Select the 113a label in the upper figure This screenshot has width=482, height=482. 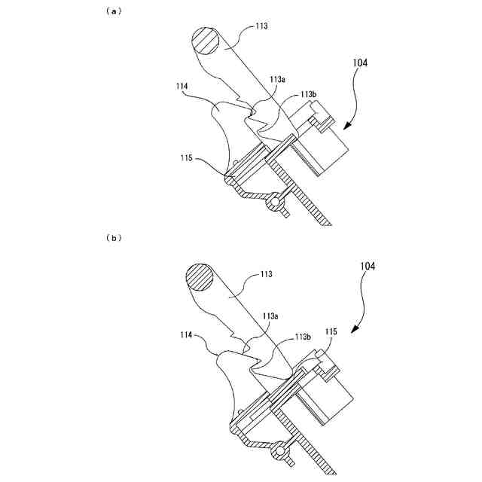point(276,78)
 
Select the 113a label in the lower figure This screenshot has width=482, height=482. point(273,317)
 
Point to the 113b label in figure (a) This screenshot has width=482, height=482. point(307,94)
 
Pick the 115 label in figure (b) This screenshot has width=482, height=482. point(330,331)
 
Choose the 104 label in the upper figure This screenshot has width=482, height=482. point(359,65)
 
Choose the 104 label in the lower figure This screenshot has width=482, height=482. point(365,267)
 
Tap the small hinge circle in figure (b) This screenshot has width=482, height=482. point(282,453)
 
